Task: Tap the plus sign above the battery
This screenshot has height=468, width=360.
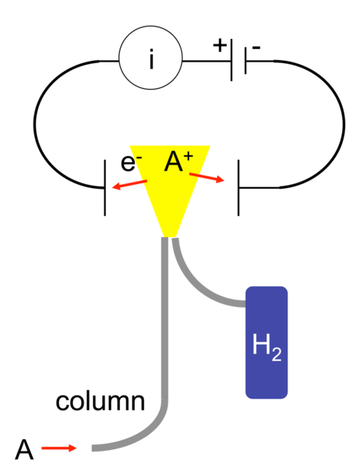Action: [220, 46]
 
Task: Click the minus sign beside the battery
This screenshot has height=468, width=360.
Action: [256, 47]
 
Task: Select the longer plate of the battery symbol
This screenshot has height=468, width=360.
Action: [231, 60]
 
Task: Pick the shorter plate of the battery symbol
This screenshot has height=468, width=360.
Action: [245, 61]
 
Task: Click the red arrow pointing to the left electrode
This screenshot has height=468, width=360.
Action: [129, 184]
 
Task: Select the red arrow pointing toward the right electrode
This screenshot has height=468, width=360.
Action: [206, 177]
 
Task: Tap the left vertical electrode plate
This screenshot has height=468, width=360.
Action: [104, 188]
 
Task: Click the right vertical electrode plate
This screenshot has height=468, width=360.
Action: [238, 188]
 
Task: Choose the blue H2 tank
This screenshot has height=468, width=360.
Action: [266, 342]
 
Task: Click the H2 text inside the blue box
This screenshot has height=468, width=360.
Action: [266, 347]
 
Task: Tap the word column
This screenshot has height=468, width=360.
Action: [101, 402]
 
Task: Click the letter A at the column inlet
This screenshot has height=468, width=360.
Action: [24, 449]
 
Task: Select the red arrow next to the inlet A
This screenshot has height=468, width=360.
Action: [59, 448]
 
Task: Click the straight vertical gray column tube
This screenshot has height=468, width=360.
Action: [164, 319]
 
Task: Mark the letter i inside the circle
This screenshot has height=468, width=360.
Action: [151, 59]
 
